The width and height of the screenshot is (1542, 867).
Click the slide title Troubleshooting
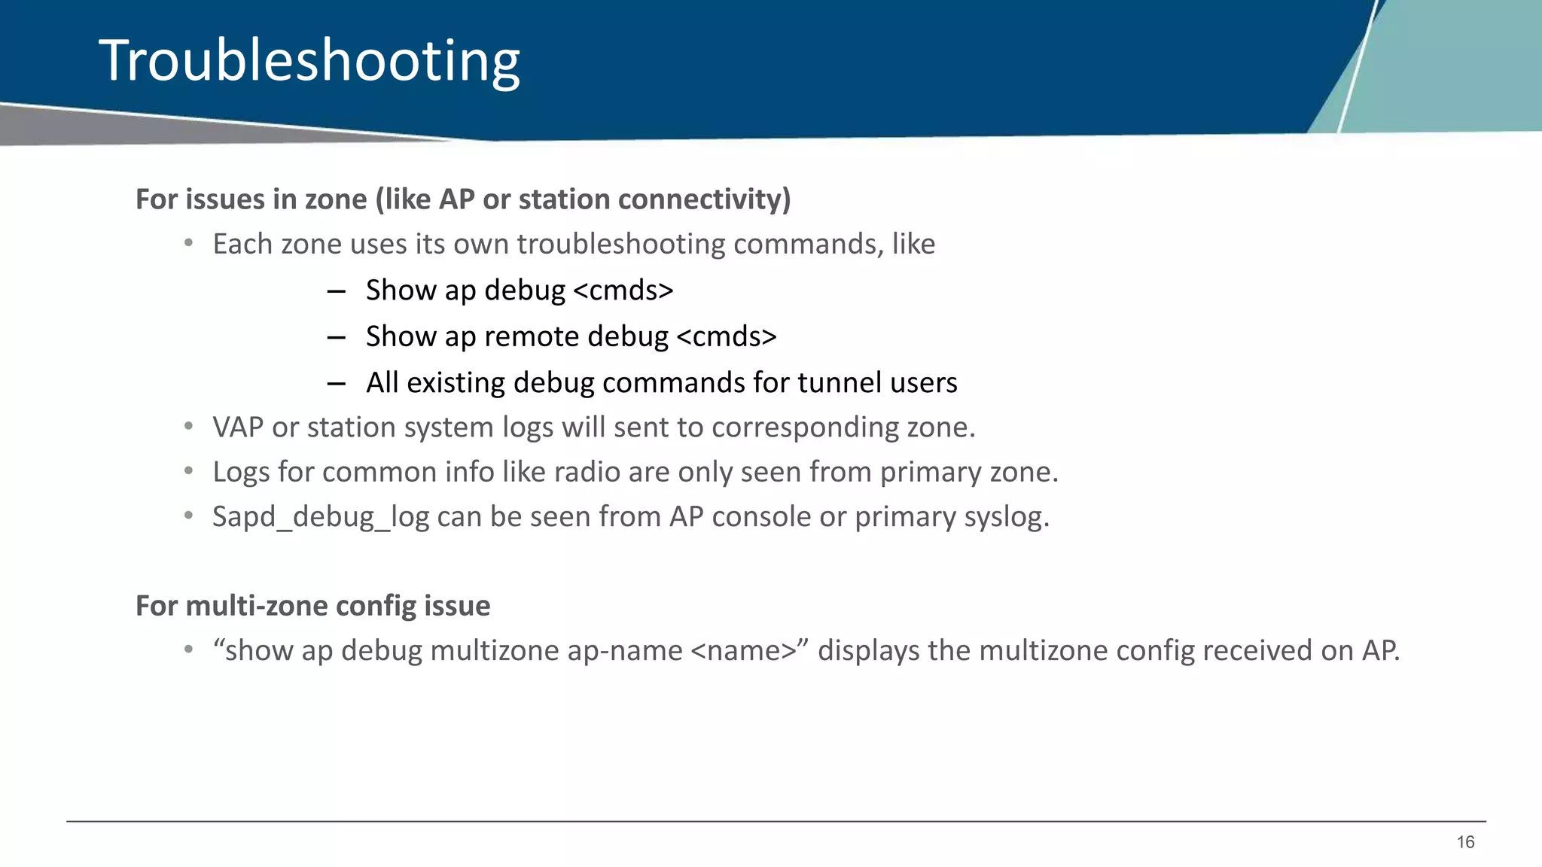(x=309, y=60)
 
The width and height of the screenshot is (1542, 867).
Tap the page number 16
(x=1465, y=842)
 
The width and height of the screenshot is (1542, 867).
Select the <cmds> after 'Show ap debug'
(x=623, y=291)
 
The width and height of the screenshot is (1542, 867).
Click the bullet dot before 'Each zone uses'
(x=189, y=243)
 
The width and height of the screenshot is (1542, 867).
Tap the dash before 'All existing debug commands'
(x=336, y=383)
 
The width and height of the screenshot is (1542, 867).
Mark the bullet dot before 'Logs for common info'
(x=189, y=471)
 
